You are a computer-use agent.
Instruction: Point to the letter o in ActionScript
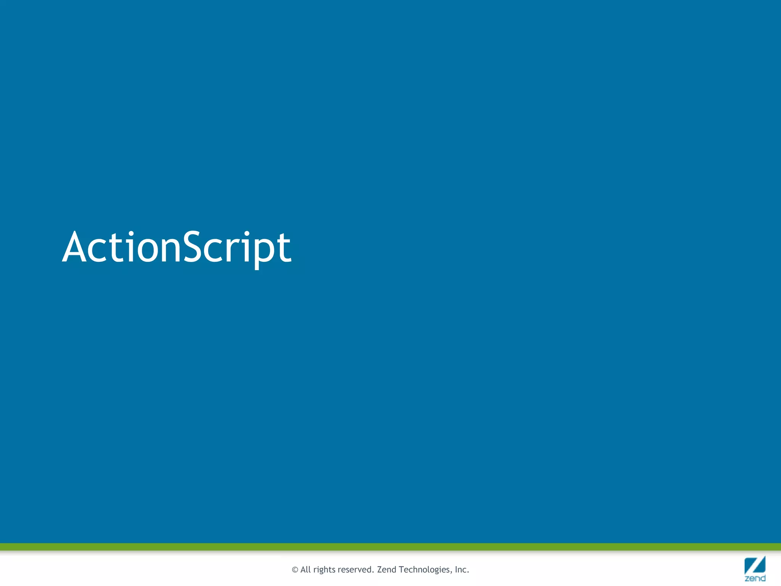149,250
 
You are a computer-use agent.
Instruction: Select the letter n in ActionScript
170,250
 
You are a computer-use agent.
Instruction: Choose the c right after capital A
100,250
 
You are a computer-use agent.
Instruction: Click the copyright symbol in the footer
295,570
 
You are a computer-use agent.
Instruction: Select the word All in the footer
305,570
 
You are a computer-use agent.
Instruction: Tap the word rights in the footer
324,570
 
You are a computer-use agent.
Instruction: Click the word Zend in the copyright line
387,570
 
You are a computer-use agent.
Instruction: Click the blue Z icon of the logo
755,565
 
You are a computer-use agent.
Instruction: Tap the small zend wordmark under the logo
755,578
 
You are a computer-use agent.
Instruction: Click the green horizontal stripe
390,547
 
